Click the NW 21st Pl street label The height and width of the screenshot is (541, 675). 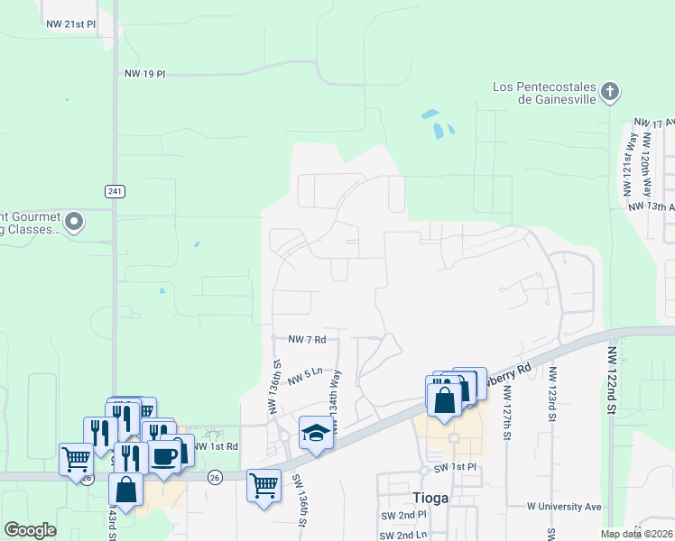[x=71, y=24]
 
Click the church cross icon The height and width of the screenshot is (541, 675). [x=610, y=92]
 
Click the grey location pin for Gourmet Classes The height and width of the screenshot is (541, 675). [x=75, y=221]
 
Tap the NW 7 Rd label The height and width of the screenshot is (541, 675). [x=306, y=339]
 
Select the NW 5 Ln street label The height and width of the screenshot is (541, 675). [x=305, y=376]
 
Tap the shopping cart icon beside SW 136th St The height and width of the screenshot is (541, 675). [x=264, y=487]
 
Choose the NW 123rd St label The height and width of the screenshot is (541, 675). [x=550, y=395]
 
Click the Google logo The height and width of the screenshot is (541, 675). [x=30, y=530]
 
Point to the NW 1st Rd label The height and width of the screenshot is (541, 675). [x=216, y=446]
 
